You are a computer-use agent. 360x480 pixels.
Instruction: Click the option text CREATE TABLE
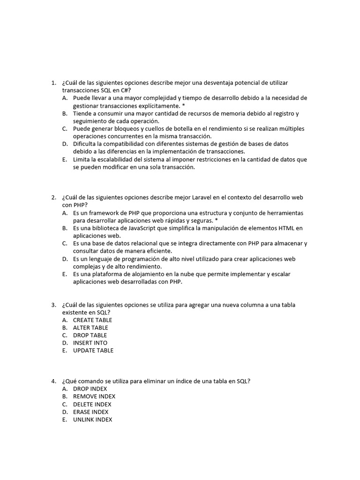92,320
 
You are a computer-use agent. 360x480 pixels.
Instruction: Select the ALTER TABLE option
90,328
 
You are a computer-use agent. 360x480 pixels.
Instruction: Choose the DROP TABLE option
90,335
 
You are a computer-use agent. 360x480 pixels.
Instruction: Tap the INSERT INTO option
90,343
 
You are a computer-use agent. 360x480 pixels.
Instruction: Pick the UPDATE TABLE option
93,350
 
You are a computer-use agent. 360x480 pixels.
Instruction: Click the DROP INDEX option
90,389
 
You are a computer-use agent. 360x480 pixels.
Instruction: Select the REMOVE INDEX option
94,397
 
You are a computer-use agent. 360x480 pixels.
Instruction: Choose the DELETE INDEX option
92,404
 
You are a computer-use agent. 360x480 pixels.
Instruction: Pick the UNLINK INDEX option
93,420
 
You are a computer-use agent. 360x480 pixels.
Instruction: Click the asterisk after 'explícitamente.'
184,106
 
